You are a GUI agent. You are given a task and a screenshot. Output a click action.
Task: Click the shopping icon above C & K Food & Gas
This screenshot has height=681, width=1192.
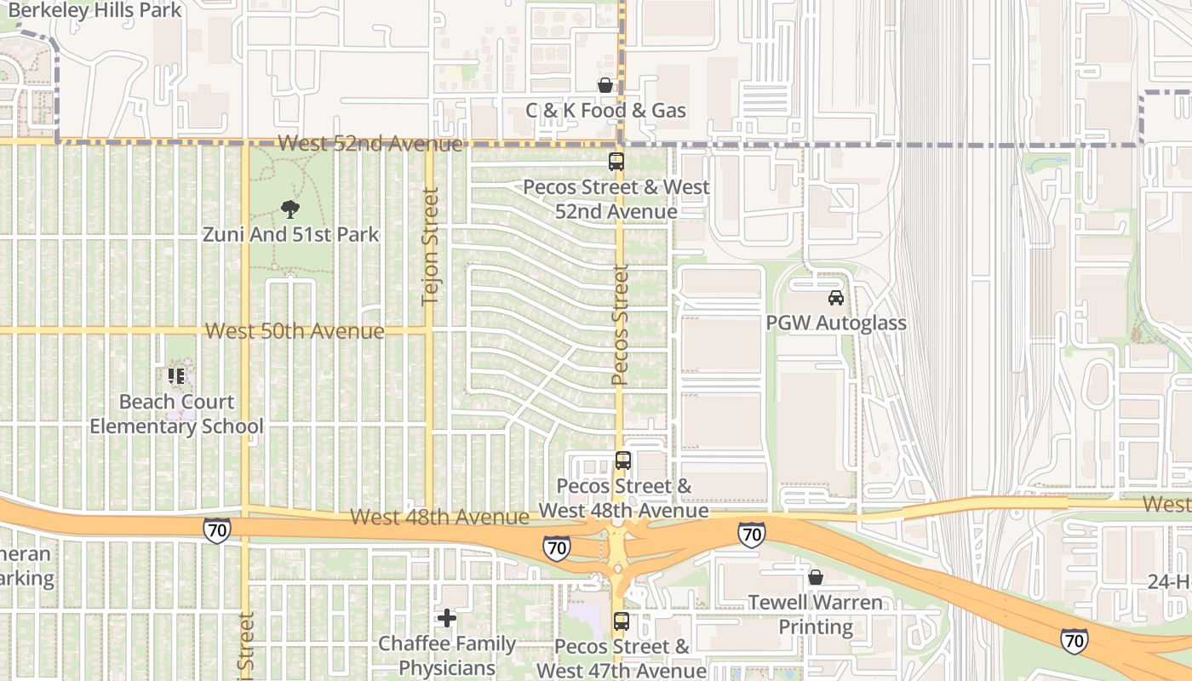click(x=605, y=85)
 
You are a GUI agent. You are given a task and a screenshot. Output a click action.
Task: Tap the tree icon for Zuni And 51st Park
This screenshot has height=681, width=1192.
click(x=290, y=209)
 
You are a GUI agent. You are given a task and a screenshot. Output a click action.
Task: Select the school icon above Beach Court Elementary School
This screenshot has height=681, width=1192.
click(x=176, y=375)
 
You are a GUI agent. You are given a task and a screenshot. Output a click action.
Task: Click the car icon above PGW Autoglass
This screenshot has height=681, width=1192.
click(x=836, y=298)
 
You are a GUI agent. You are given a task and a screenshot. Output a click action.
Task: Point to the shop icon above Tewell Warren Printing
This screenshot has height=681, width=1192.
click(x=816, y=577)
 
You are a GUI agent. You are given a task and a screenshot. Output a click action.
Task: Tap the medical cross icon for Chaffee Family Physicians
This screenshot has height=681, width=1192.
click(x=447, y=617)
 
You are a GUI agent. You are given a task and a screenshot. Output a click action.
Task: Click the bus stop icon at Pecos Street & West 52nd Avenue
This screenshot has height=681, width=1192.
click(x=616, y=161)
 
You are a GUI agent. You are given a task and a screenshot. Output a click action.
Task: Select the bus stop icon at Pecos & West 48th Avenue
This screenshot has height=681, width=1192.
click(x=623, y=461)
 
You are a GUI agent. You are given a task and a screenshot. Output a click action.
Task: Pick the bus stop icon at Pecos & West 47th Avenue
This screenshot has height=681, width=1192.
click(x=622, y=621)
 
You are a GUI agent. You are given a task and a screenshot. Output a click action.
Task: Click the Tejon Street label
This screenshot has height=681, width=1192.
click(x=430, y=246)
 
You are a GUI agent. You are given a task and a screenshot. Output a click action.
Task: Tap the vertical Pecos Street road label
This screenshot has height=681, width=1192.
click(x=620, y=323)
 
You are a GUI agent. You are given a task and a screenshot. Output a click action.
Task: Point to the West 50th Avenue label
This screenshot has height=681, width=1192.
click(x=295, y=331)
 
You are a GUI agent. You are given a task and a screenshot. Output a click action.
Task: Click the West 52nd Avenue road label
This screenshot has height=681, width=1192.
click(x=370, y=144)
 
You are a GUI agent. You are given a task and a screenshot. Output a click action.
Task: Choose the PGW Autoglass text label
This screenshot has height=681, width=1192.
click(x=836, y=323)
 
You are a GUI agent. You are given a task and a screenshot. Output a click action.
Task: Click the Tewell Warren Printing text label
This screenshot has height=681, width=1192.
click(x=816, y=615)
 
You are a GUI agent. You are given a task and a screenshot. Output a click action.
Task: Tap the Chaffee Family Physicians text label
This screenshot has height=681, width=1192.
click(x=447, y=655)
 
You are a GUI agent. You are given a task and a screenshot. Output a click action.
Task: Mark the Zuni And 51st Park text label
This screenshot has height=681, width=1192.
click(x=290, y=234)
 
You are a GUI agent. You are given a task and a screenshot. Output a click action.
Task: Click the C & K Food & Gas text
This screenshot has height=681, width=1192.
click(x=605, y=111)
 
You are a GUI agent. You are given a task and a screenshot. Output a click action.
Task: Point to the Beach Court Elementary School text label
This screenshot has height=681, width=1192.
click(x=176, y=414)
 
